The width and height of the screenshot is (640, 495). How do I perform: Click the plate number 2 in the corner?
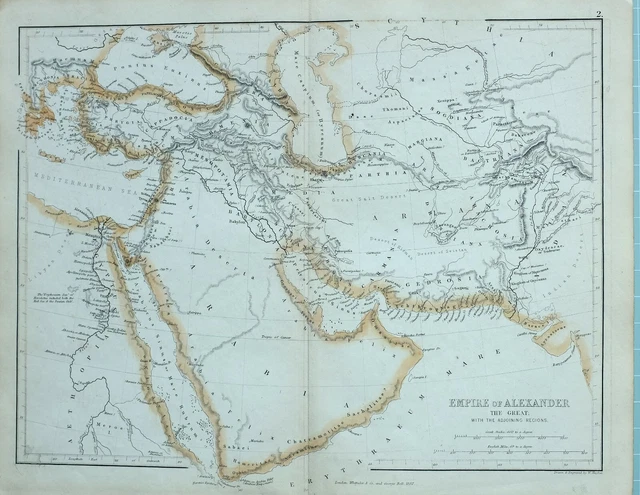(x=598, y=13)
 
